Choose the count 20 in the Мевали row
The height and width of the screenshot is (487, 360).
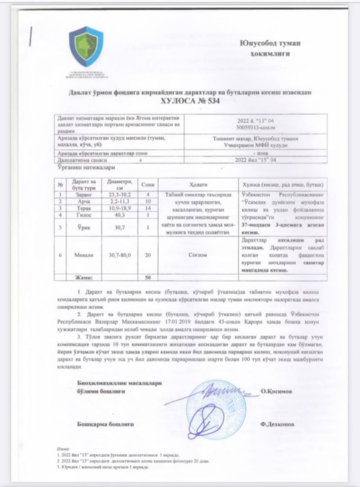coord(148,255)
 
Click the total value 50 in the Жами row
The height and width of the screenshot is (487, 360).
coord(148,277)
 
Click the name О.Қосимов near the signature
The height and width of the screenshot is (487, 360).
coord(278,390)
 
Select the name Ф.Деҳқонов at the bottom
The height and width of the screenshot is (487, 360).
coord(278,425)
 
